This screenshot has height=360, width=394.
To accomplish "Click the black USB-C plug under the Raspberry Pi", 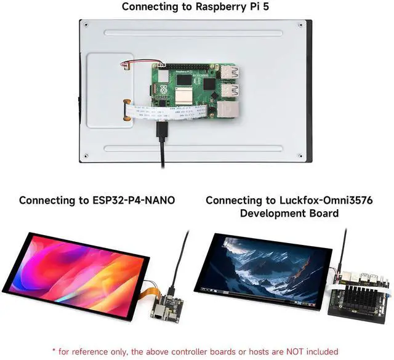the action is [162, 132].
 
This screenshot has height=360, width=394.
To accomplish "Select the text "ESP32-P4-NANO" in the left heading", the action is [135, 200].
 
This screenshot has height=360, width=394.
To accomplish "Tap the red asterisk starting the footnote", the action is [54, 351].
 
